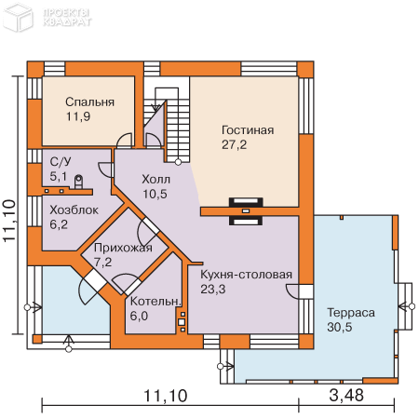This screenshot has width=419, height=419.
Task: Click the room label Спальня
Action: click(x=89, y=101)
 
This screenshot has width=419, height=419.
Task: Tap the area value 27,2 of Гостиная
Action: click(x=234, y=144)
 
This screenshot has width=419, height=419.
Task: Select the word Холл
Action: click(x=155, y=179)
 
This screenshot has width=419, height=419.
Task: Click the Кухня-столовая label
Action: click(x=246, y=275)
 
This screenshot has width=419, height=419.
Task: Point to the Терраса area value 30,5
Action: click(x=340, y=327)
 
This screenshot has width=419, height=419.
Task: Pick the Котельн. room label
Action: click(x=155, y=301)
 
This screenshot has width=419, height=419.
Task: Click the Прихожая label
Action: click(x=123, y=248)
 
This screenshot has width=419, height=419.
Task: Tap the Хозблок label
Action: click(x=74, y=210)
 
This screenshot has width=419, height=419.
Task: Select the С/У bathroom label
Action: click(x=61, y=161)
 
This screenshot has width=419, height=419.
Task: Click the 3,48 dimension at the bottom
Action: click(x=346, y=396)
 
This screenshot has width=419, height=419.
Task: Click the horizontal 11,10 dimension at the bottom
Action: click(x=166, y=396)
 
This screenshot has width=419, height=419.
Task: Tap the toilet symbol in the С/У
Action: click(x=78, y=182)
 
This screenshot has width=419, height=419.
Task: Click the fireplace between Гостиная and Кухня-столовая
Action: click(x=246, y=211)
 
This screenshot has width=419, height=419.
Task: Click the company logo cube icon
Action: click(x=18, y=18)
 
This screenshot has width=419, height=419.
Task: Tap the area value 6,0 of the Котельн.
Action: click(x=139, y=316)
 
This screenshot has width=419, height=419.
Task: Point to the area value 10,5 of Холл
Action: click(x=155, y=194)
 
